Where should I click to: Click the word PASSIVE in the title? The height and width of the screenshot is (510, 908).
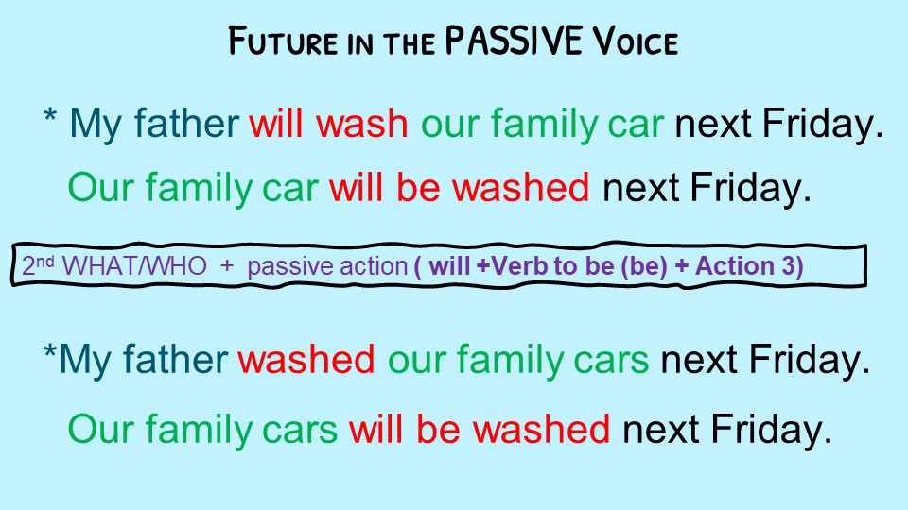(513, 41)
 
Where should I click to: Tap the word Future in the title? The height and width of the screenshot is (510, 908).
(283, 41)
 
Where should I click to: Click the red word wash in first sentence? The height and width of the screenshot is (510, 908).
(362, 124)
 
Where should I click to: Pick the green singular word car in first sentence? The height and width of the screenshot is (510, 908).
(636, 125)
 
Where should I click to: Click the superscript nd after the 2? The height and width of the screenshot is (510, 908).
(45, 262)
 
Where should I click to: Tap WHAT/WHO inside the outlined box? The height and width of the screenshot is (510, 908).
(133, 266)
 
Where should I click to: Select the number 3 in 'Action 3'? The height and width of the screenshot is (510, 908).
(789, 266)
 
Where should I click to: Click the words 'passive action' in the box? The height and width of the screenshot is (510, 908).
(328, 266)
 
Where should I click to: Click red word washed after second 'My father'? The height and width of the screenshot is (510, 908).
(306, 359)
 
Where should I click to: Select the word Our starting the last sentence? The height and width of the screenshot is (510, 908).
(101, 429)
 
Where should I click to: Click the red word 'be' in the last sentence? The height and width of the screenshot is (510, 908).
(438, 429)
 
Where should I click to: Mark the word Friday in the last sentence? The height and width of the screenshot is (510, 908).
(771, 430)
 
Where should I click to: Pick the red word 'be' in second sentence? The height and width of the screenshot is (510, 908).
(419, 188)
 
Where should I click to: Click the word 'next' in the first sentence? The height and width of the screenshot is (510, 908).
(713, 125)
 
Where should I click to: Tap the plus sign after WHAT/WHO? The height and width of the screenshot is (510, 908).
(226, 266)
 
